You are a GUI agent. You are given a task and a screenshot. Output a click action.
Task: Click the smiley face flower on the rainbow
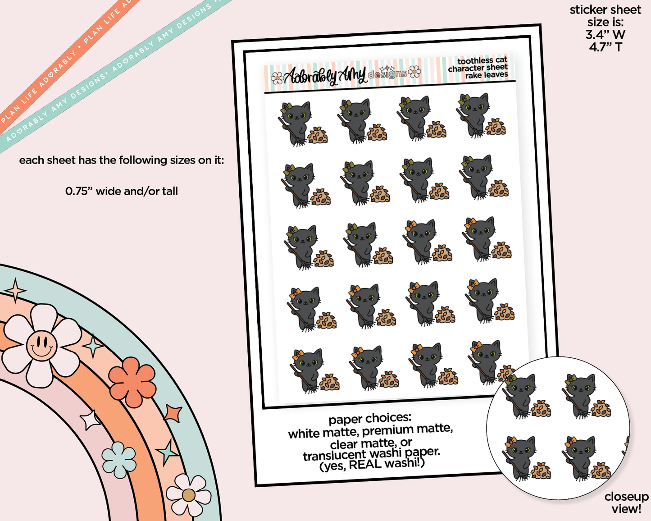point(41,345)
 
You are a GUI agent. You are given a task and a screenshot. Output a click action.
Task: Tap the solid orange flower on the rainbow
point(132,382)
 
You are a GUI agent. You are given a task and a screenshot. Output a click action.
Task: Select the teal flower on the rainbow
point(118,460)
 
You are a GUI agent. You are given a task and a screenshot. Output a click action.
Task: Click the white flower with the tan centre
point(188,495)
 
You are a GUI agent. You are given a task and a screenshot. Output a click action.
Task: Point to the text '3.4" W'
point(605,35)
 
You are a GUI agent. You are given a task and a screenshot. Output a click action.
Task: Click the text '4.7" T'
point(605,47)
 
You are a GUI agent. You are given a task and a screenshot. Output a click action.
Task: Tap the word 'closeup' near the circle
point(627,497)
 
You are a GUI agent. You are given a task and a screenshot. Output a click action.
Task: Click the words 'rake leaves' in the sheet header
point(487,75)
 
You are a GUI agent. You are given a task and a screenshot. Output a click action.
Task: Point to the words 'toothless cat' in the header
point(482,61)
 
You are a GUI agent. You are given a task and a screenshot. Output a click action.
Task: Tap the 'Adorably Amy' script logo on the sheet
point(325,76)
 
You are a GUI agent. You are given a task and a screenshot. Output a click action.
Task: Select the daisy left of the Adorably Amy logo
point(277,78)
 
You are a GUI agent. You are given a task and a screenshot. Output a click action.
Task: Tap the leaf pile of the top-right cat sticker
point(496,128)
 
